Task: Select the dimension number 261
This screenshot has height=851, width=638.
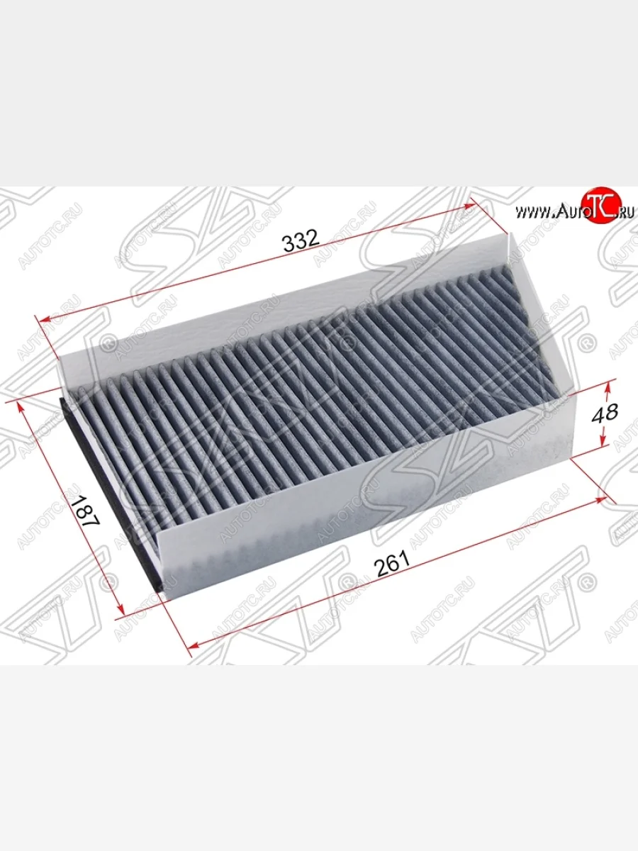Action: (391, 562)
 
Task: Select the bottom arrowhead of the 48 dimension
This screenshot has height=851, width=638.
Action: (603, 440)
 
